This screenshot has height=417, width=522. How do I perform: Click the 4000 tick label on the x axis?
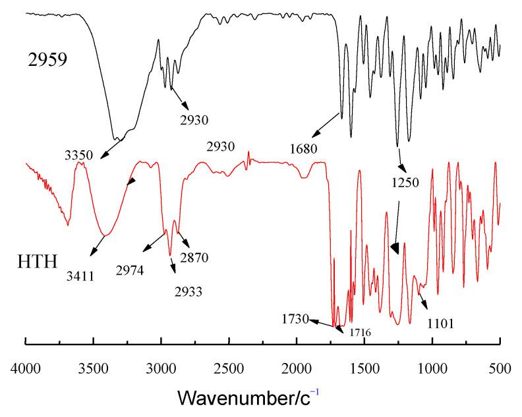click(25, 365)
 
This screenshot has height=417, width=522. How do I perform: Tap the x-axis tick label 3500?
click(93, 365)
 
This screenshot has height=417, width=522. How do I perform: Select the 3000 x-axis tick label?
click(161, 365)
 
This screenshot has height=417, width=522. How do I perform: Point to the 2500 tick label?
click(229, 365)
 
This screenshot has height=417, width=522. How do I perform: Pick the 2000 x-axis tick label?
click(297, 365)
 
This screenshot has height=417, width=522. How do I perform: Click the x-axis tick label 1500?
click(364, 365)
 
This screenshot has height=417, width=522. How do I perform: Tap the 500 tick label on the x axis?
click(500, 365)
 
